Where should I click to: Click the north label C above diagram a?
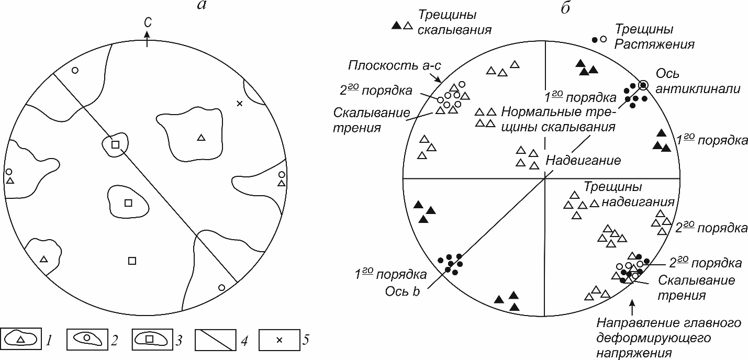(148, 22)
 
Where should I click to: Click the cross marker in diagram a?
(239, 104)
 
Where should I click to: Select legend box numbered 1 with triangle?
(21, 339)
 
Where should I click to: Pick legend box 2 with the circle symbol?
(87, 339)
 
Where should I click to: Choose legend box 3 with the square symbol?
(152, 339)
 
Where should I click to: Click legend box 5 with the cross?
(279, 340)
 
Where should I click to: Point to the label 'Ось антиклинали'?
(698, 81)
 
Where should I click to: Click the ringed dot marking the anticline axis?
(643, 85)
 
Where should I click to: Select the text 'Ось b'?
(403, 291)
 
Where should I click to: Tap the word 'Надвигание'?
(583, 160)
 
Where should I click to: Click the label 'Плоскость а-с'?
(394, 65)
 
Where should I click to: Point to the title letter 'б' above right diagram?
(565, 7)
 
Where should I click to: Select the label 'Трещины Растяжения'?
(654, 37)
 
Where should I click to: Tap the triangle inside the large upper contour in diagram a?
(200, 137)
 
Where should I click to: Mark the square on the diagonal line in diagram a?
(115, 144)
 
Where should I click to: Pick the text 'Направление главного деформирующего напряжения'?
(669, 338)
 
